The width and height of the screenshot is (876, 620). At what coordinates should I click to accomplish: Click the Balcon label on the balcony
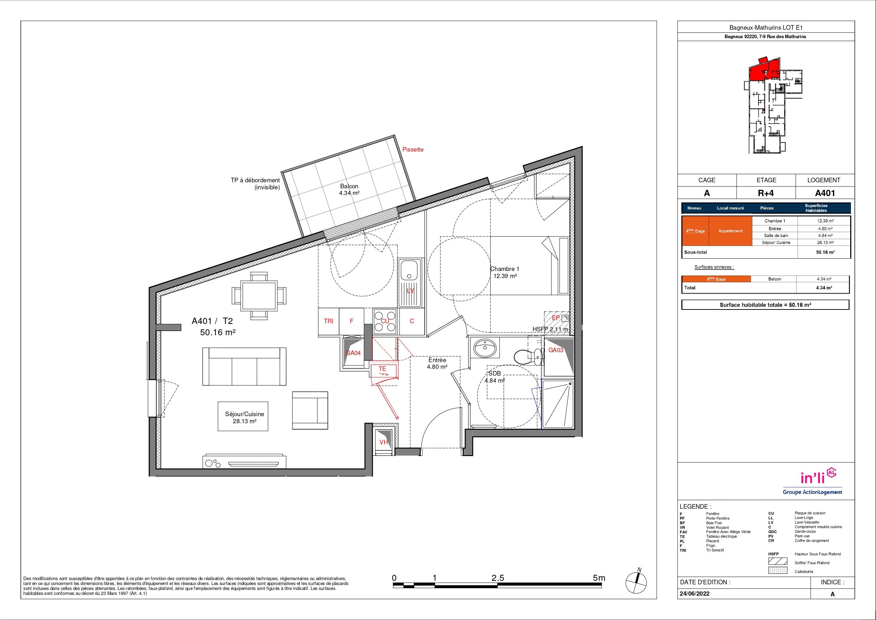click(x=349, y=187)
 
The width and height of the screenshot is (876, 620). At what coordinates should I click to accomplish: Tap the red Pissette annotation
click(x=413, y=149)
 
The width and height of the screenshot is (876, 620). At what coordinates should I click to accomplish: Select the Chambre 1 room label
click(x=505, y=269)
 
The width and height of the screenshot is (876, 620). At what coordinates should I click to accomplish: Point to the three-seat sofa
click(x=244, y=366)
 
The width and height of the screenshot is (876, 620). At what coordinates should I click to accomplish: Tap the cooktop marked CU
click(x=385, y=321)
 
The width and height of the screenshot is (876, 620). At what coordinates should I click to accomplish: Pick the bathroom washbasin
click(x=486, y=348)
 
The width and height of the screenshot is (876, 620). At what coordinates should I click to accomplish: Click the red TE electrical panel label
click(x=382, y=368)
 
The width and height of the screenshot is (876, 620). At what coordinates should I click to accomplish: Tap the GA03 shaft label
click(x=556, y=350)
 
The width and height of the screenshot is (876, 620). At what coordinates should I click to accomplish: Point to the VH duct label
click(x=383, y=442)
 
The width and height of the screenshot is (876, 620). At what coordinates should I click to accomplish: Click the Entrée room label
click(x=437, y=360)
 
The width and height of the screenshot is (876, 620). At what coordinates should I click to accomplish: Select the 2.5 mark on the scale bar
click(x=498, y=578)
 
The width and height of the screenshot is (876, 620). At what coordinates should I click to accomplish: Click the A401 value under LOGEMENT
click(x=825, y=193)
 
